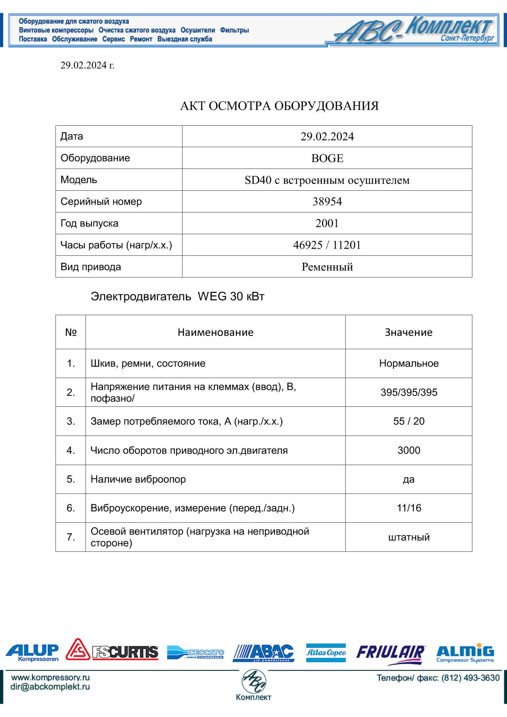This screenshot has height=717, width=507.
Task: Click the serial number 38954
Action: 327,201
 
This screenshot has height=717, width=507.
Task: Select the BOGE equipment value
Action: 327,158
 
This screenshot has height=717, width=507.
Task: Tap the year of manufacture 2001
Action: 327,223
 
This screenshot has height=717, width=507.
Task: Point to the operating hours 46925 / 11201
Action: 327,245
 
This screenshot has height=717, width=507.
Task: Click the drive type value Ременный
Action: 327,267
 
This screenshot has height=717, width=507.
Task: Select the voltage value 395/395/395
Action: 409,392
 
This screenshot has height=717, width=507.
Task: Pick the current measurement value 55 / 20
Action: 409,421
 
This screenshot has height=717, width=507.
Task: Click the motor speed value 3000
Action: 409,450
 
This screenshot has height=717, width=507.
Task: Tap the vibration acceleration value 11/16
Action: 409,508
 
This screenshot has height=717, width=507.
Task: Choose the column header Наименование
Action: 216,332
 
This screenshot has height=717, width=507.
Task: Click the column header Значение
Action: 409,332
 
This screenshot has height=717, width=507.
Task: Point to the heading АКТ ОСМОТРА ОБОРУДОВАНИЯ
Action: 279,106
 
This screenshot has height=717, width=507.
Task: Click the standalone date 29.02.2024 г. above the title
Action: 87,65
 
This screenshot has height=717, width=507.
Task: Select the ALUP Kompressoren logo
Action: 33,653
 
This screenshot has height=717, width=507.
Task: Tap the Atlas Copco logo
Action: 326,653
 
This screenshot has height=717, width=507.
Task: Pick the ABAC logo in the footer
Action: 263,653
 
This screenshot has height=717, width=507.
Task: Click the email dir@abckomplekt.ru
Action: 50,687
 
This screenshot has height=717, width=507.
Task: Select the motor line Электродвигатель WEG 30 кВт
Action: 177,296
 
